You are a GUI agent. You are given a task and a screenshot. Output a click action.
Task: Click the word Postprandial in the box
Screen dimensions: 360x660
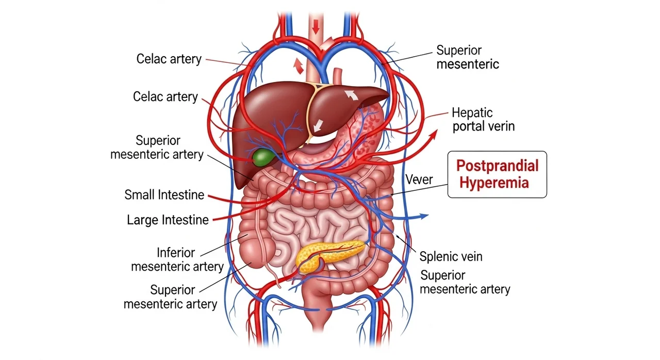pyautogui.click(x=498, y=166)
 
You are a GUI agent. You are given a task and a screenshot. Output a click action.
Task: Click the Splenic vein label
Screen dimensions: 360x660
pyautogui.click(x=451, y=256)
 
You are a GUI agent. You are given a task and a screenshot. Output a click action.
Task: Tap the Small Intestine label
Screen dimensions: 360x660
pyautogui.click(x=164, y=195)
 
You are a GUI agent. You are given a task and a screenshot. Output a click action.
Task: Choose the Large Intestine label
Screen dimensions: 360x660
pyautogui.click(x=168, y=220)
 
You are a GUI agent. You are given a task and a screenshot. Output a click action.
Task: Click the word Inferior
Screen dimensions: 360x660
pyautogui.click(x=176, y=253)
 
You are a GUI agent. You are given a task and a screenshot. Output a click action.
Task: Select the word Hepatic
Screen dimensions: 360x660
pyautogui.click(x=472, y=112)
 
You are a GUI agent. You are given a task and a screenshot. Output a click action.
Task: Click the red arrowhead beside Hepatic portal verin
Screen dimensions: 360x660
pyautogui.click(x=434, y=135)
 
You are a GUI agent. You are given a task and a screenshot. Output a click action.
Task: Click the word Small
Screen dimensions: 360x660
pyautogui.click(x=140, y=195)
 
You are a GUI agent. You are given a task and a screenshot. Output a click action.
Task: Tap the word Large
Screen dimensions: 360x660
pyautogui.click(x=142, y=220)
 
